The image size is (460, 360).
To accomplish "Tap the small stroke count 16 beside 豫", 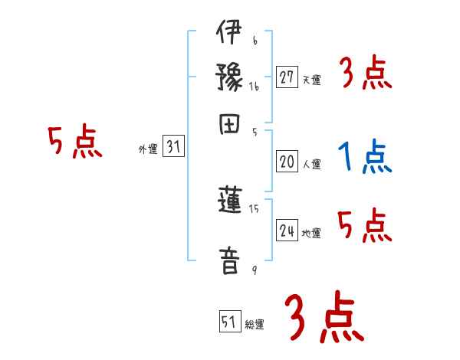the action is coord(254,87).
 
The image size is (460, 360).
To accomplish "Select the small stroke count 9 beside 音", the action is coord(254,269).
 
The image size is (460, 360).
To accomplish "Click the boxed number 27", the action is coord(287,77).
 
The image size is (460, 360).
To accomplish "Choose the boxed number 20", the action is coord(287,162).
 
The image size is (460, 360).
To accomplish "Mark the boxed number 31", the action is coord(173,148).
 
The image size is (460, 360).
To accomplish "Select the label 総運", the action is coord(255,325).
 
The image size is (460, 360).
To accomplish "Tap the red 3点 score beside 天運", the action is coord(366,74).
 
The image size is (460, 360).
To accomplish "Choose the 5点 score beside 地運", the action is coord(366,227).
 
